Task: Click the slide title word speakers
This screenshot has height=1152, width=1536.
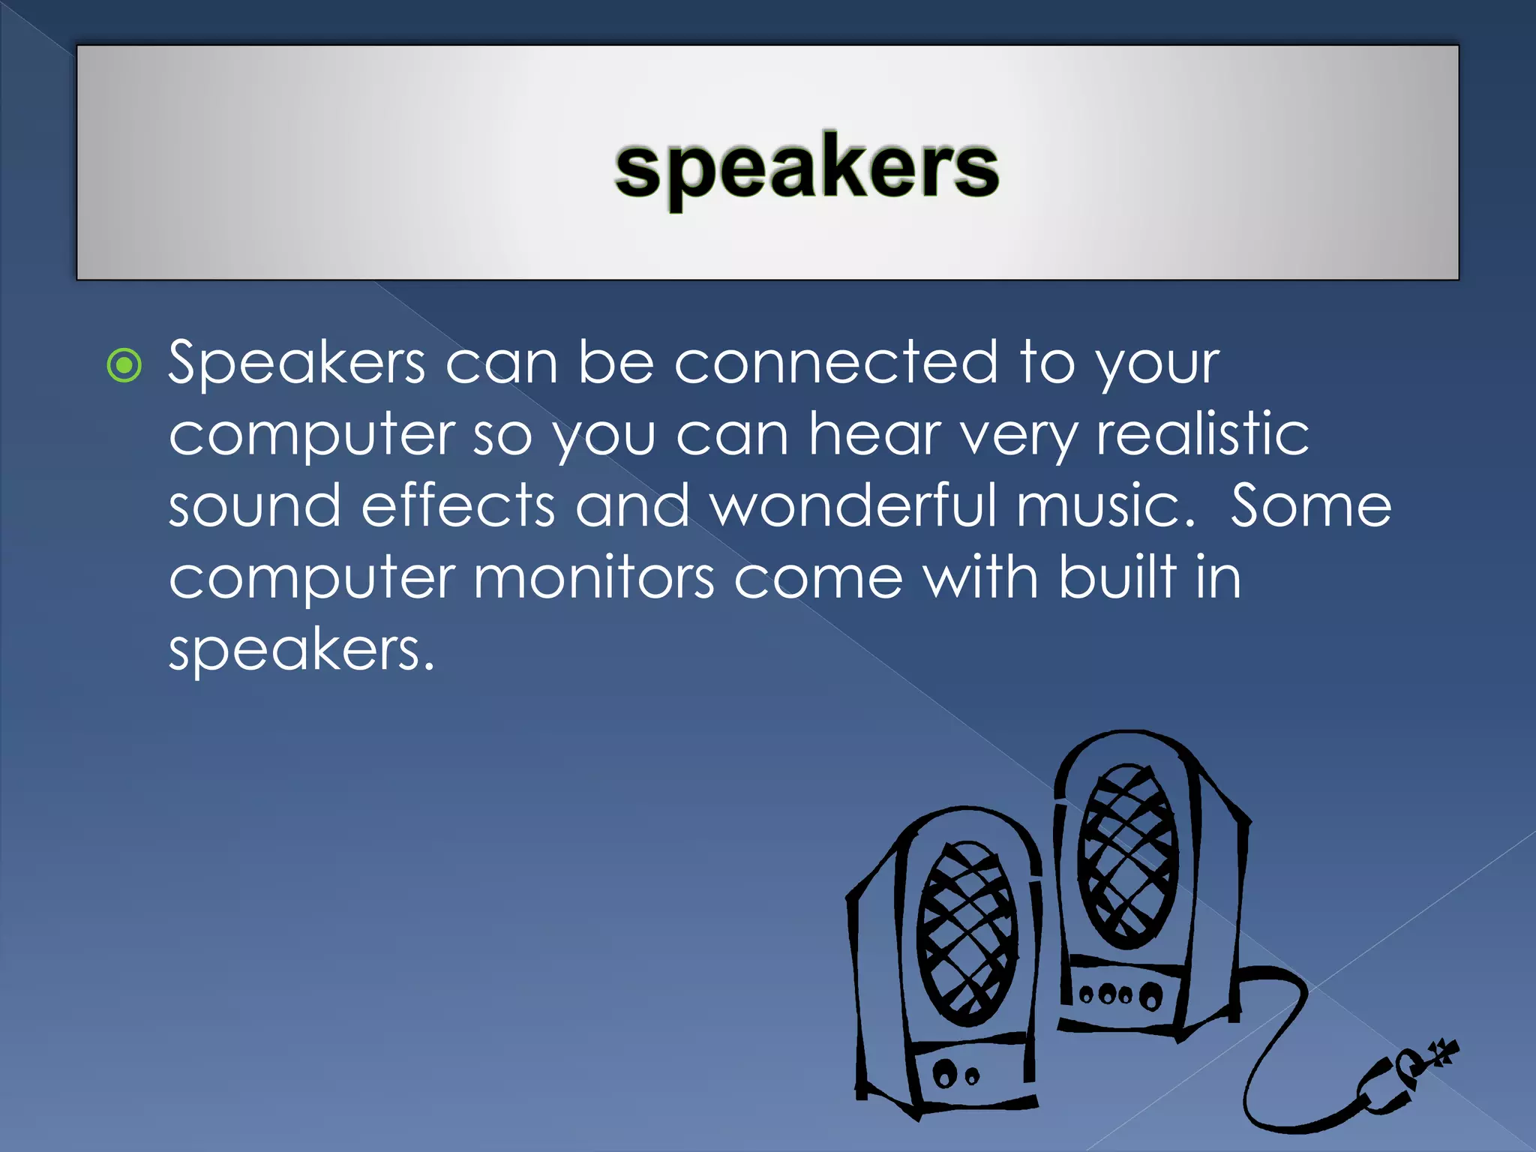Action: (806, 169)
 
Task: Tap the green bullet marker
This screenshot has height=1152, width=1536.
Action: (124, 366)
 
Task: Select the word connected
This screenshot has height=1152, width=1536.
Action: (836, 362)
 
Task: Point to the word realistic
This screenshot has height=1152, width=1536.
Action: (1202, 433)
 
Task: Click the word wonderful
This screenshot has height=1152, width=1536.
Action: (853, 505)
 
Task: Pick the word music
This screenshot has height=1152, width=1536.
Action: (1105, 505)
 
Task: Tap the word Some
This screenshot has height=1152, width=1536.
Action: (1310, 505)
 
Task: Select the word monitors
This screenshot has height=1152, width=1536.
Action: (594, 577)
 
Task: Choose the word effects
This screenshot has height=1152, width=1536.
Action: (458, 505)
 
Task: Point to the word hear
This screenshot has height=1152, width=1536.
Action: (874, 433)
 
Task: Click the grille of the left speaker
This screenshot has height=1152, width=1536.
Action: (967, 934)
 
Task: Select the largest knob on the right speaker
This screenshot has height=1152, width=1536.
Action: (1150, 996)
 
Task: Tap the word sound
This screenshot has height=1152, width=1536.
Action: (254, 505)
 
